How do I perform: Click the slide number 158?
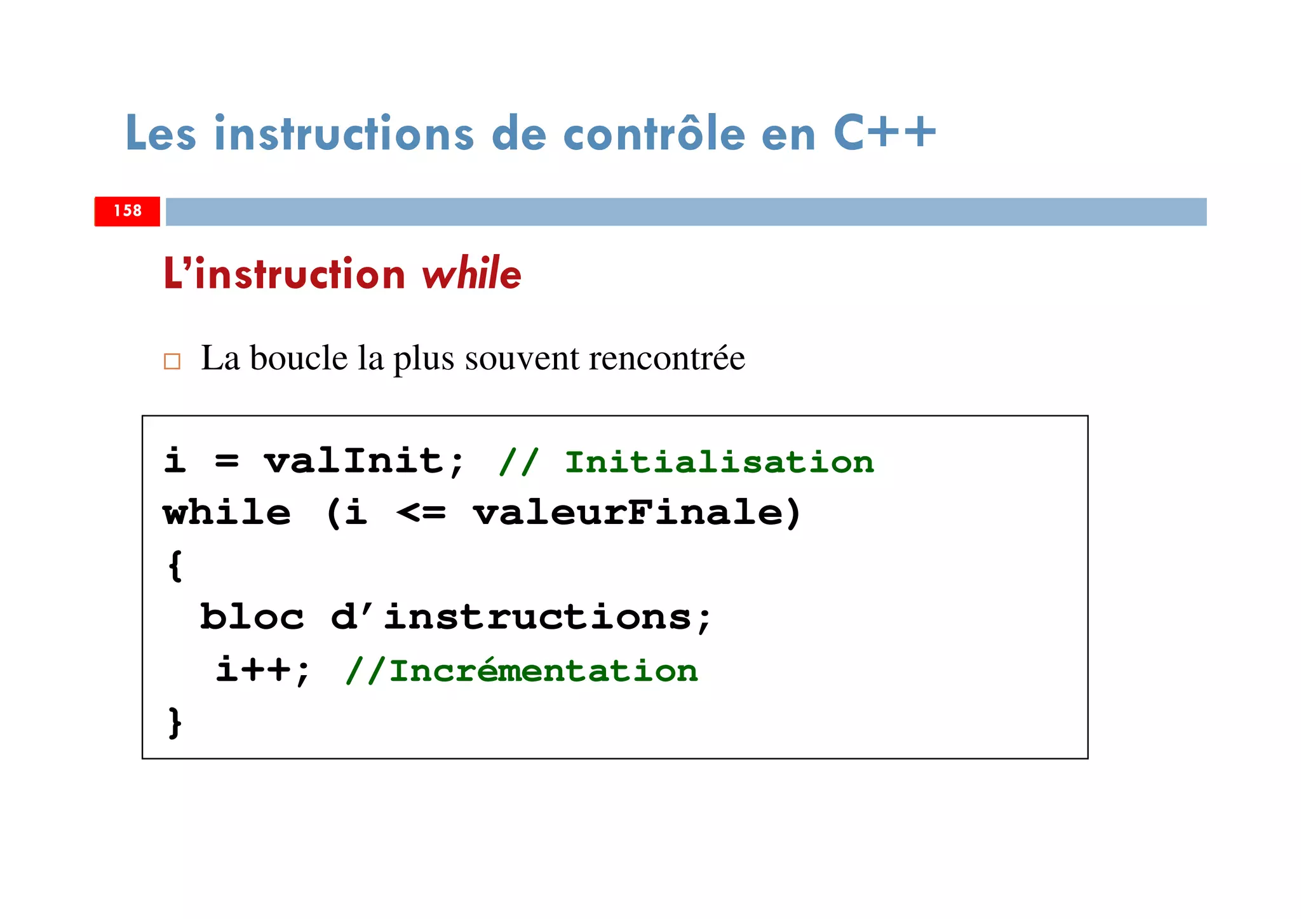[127, 211]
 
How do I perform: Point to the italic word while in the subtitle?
[471, 274]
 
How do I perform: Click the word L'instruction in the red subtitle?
[284, 274]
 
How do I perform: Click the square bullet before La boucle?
[172, 361]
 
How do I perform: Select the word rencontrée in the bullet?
[666, 358]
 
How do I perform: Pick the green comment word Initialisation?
[719, 462]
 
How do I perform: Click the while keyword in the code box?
[227, 513]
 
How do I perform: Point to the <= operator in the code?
[421, 513]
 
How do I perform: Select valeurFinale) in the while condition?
[637, 513]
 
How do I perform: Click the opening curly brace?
[175, 565]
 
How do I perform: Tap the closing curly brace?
[175, 722]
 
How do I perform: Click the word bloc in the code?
[252, 617]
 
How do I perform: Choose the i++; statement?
[263, 670]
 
